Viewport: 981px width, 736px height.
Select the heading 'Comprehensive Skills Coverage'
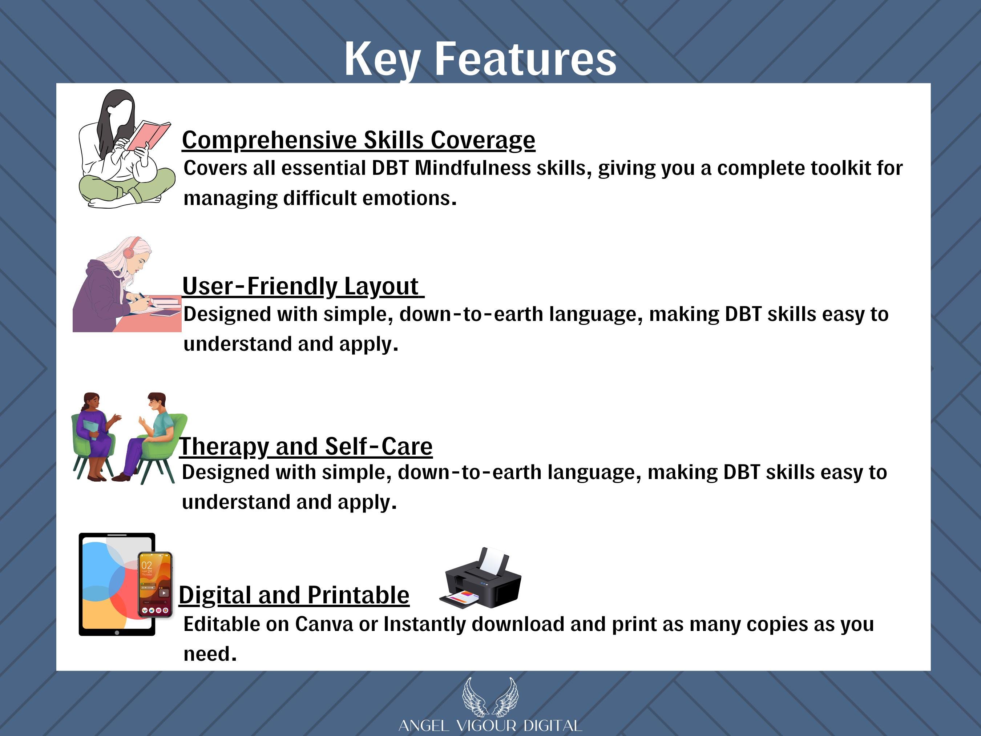358,140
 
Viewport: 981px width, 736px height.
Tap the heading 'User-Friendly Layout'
303,286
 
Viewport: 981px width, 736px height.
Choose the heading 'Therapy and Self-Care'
306,446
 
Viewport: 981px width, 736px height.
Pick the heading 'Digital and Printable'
294,595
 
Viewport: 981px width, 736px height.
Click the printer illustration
481,578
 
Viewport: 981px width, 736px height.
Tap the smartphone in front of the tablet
155,585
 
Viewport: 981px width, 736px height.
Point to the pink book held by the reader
149,135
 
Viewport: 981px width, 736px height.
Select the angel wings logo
490,697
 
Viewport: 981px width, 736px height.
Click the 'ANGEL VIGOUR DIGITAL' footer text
490,726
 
